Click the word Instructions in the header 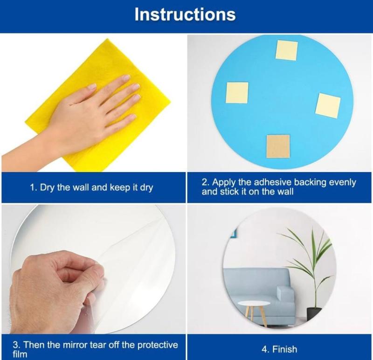(185, 14)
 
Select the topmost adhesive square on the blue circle (287, 50)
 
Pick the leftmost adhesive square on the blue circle (237, 92)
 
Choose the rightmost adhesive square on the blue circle (328, 105)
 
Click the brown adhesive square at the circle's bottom (278, 146)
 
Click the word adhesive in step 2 (273, 182)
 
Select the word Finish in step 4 (284, 349)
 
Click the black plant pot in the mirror (314, 314)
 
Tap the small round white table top (254, 304)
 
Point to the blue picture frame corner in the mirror (234, 233)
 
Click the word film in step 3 (20, 354)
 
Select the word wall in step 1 (81, 187)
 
